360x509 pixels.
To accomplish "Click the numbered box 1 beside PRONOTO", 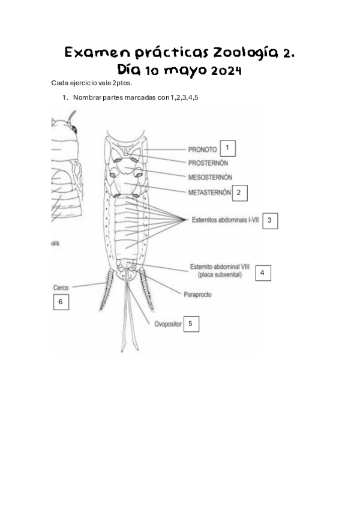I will pyautogui.click(x=227, y=147).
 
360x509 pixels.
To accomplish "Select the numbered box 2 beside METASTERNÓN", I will pyautogui.click(x=239, y=192).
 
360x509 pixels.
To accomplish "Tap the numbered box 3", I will pyautogui.click(x=269, y=220).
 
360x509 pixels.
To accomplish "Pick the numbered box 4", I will pyautogui.click(x=262, y=273).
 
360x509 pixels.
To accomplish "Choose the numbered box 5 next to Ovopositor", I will pyautogui.click(x=190, y=324).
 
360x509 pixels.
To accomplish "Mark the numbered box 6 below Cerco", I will pyautogui.click(x=60, y=302).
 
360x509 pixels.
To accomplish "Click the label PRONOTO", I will pyautogui.click(x=202, y=149).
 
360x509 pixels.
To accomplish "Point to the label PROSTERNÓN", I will pyautogui.click(x=208, y=163).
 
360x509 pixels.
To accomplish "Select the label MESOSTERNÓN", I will pyautogui.click(x=210, y=178).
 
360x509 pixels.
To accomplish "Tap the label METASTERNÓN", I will pyautogui.click(x=209, y=193).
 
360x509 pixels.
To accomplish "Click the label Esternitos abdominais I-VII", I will pyautogui.click(x=225, y=220).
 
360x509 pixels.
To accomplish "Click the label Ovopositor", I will pyautogui.click(x=164, y=325).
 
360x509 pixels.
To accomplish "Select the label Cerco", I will pyautogui.click(x=61, y=288).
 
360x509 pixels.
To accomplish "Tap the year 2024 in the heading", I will pyautogui.click(x=226, y=71).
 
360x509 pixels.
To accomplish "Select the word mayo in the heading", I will pyautogui.click(x=186, y=72).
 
